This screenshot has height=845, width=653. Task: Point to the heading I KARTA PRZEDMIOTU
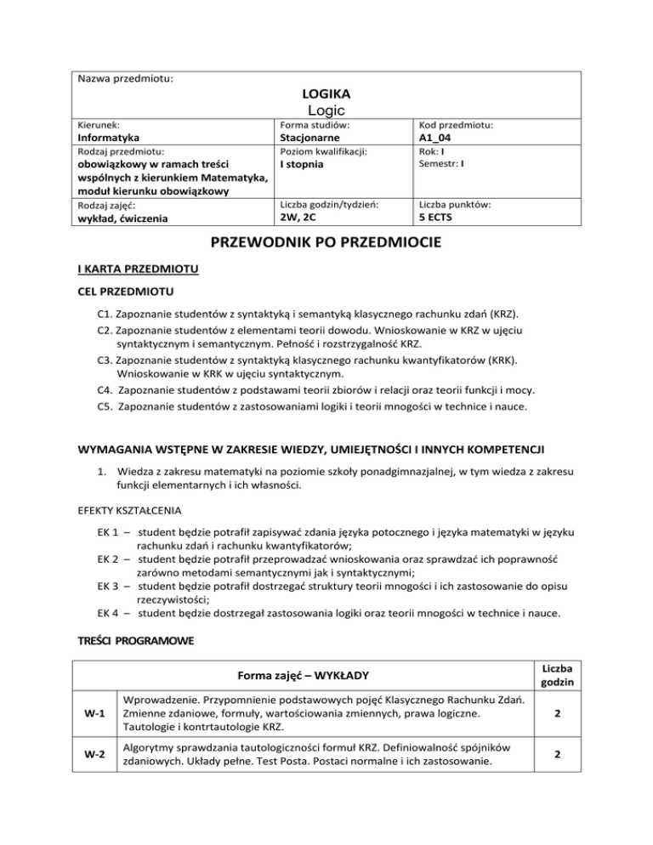point(139,270)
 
